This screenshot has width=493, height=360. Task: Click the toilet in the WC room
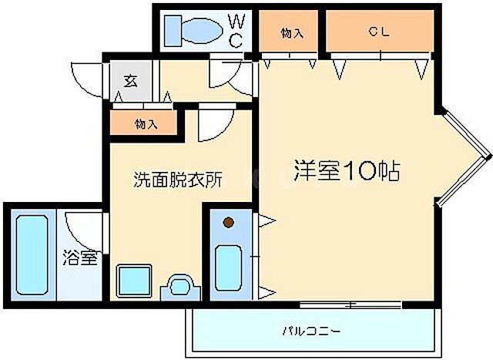(x=192, y=30)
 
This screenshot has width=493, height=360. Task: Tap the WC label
(x=237, y=29)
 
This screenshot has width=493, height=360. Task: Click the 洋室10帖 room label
(x=347, y=170)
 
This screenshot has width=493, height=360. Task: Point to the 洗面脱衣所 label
(x=178, y=180)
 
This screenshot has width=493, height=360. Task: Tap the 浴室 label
(x=79, y=257)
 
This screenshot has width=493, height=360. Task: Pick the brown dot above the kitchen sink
(x=228, y=224)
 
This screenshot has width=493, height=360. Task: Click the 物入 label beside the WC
(x=291, y=32)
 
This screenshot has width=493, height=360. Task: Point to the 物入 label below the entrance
(x=146, y=123)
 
